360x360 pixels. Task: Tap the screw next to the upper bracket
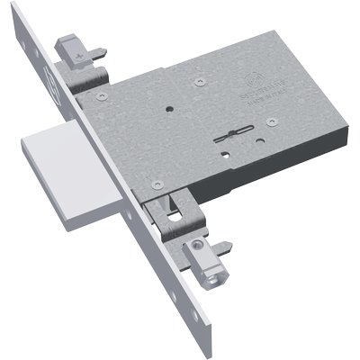pyautogui.click(x=105, y=93)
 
